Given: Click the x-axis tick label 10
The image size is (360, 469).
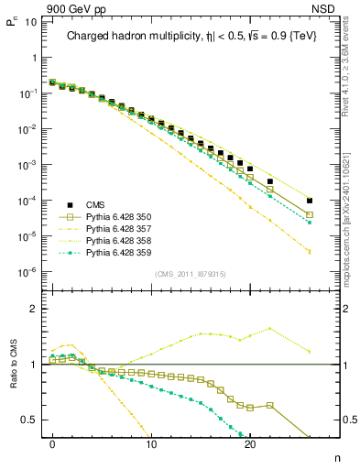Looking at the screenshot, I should pos(151,442).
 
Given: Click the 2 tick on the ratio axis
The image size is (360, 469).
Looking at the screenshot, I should pos(33,309).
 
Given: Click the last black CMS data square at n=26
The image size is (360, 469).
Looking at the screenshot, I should pos(310,201).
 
